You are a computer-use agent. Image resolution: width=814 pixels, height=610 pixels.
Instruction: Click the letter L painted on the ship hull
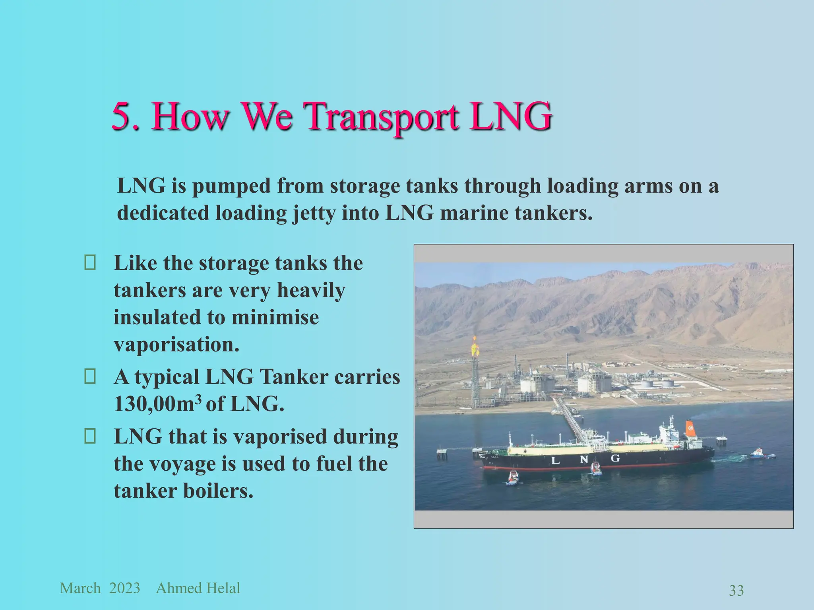pos(556,461)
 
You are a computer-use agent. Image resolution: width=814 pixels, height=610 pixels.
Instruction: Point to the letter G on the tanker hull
pos(615,458)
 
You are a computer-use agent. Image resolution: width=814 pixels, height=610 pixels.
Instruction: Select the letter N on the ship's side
pos(584,459)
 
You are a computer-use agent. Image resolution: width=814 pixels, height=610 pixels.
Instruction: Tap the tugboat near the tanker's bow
pos(513,478)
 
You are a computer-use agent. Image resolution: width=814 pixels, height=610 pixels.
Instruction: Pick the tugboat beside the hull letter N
pos(595,469)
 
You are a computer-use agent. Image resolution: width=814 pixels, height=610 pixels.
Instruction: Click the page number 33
pos(736,591)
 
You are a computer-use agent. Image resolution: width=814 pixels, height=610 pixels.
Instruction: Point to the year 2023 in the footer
pos(124,588)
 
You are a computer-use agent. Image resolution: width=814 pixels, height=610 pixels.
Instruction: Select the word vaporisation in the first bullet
pos(176,344)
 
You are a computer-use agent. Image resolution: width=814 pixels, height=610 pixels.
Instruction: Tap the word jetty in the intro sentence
pos(315,213)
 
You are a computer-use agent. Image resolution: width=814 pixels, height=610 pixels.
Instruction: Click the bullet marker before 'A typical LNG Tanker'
pos(90,377)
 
